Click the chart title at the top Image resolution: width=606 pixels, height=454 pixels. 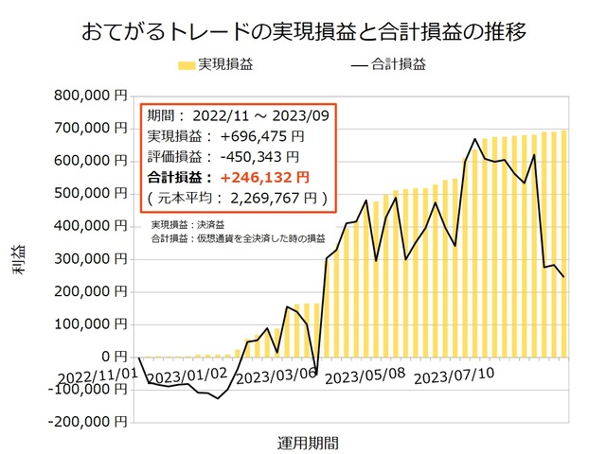pos(303,32)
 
